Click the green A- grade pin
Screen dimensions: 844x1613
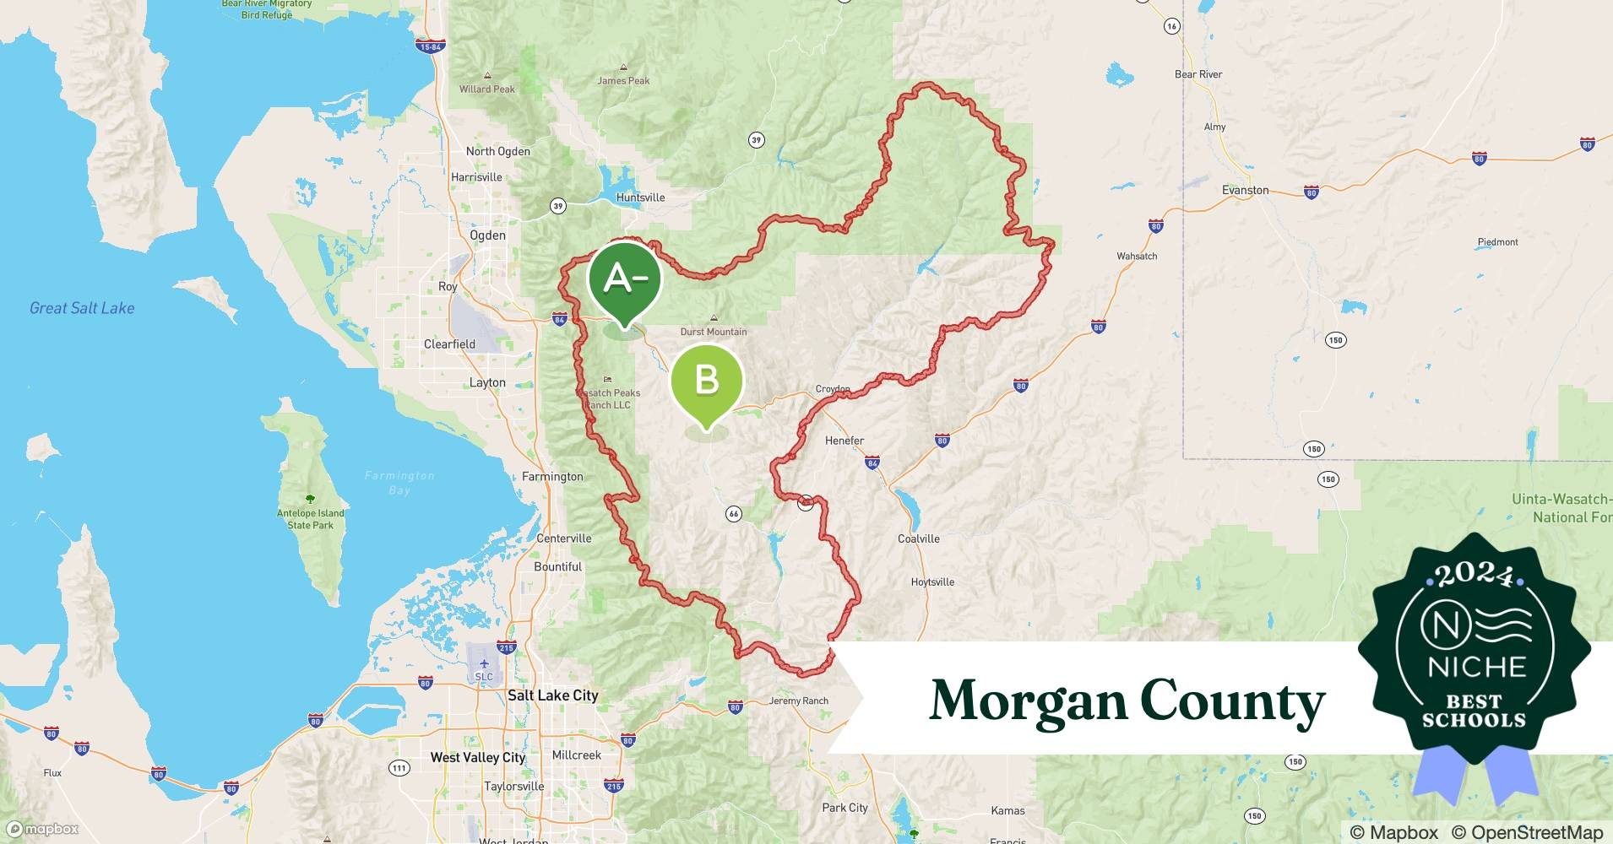624,279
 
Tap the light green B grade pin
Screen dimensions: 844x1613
707,381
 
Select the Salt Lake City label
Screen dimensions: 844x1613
552,695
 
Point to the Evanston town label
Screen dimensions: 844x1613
1245,190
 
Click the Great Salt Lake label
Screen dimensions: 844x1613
82,308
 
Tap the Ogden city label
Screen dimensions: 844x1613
487,235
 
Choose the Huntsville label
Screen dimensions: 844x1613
640,197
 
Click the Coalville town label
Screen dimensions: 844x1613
918,538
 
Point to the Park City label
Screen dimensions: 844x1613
845,808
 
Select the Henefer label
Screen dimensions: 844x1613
845,441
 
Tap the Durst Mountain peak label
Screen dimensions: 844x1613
714,332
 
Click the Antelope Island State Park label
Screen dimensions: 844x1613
311,519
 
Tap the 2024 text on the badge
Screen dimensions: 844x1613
1475,575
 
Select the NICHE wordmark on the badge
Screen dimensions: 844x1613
1476,667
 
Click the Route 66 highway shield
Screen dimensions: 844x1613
733,514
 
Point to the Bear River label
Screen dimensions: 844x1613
1198,74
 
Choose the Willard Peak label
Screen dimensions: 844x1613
487,89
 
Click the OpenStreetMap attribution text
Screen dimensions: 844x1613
1527,832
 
